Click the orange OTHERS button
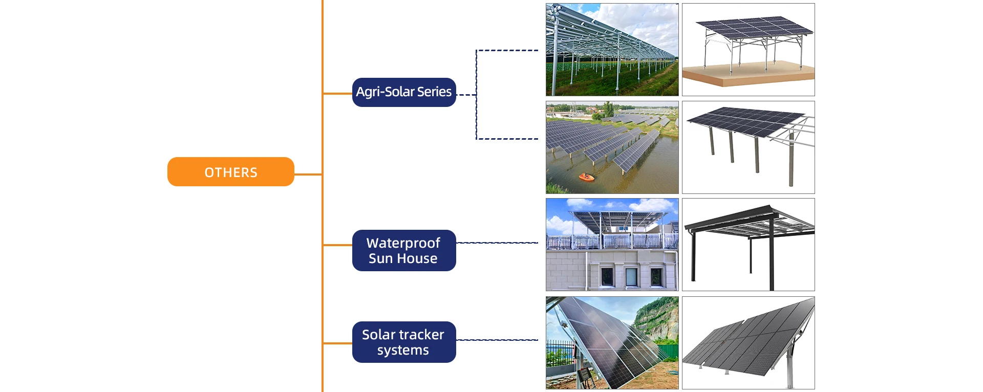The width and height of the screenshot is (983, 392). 231,172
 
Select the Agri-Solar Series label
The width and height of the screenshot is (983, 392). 404,92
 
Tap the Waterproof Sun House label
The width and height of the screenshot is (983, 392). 404,250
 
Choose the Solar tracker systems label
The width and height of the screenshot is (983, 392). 404,342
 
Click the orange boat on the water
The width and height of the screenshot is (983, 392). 587,177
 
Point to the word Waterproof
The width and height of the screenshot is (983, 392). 403,243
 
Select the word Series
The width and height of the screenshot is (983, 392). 434,92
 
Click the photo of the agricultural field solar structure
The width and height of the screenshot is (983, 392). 612,50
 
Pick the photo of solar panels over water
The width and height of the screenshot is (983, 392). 612,147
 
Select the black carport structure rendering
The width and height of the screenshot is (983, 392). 749,245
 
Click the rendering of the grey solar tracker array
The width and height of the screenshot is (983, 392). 749,343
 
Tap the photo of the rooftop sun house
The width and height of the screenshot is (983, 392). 612,245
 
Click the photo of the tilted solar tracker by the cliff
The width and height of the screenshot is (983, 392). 612,343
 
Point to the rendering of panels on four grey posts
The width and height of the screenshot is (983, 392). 749,147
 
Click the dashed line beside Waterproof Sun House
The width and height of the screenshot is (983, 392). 497,243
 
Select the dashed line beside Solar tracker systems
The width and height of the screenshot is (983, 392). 497,340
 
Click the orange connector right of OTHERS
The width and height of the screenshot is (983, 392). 308,175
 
